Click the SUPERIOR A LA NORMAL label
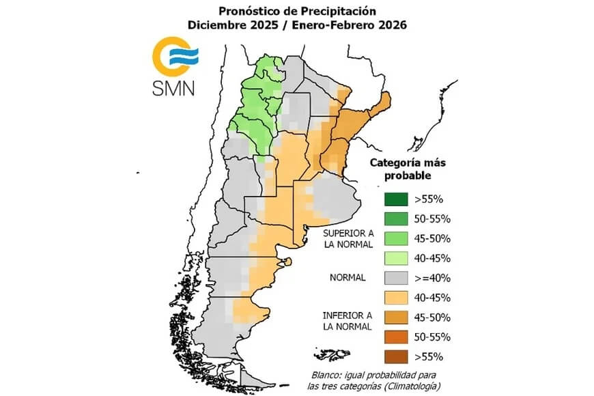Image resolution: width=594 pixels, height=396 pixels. pos(348,238)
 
